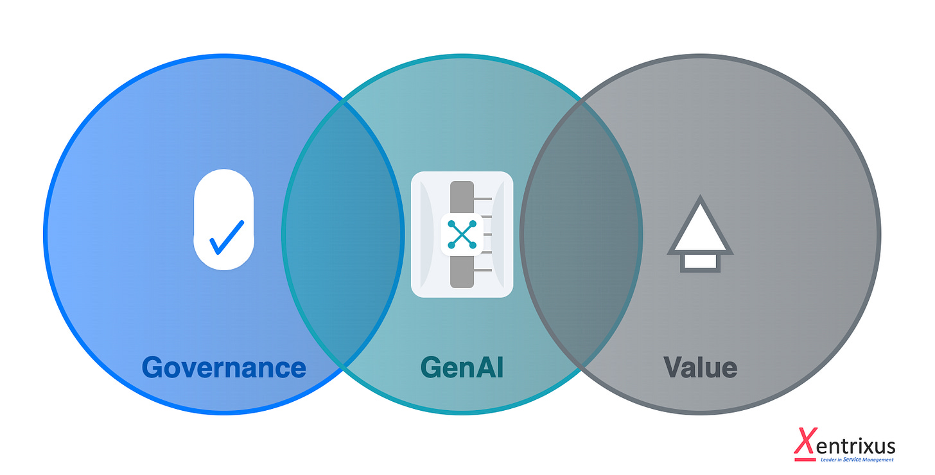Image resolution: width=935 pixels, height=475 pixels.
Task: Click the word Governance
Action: point(223,368)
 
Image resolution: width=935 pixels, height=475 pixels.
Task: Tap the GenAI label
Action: point(462,368)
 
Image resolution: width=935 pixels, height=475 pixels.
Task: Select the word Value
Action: point(700,368)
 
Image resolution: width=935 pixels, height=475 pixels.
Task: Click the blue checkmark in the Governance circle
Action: point(226,237)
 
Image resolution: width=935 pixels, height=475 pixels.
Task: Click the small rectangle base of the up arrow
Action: point(700,261)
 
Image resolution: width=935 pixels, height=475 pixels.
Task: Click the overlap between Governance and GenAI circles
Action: point(344,234)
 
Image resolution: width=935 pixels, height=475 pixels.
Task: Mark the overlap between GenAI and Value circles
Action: point(581,234)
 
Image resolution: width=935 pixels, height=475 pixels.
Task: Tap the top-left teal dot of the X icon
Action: point(451,223)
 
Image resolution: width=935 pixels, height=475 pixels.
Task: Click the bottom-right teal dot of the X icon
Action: point(473,245)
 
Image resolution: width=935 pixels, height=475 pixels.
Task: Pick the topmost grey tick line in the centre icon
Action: point(484,199)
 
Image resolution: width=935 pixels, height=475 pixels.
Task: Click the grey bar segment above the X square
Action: point(462,196)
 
